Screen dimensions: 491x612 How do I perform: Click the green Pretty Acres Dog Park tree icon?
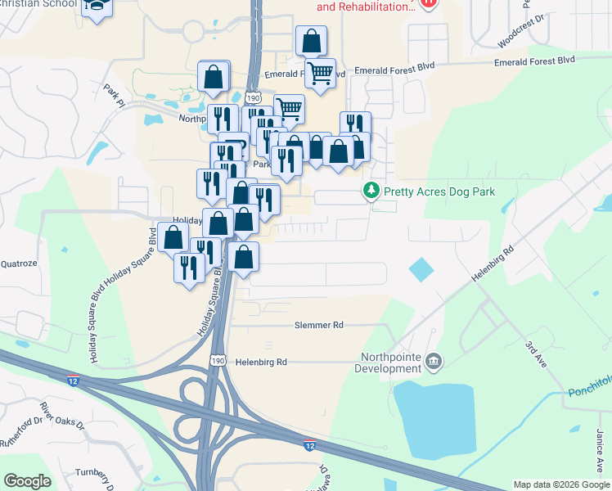[x=371, y=191]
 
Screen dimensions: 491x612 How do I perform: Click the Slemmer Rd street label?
[x=319, y=325]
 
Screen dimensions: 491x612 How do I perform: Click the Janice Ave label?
[x=601, y=451]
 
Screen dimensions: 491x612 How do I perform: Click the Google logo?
[x=28, y=481]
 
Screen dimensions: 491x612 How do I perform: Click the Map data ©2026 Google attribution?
[x=560, y=484]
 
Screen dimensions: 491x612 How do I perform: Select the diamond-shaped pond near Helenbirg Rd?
[x=421, y=268]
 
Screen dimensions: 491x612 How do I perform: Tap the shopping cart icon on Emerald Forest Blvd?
[x=321, y=73]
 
